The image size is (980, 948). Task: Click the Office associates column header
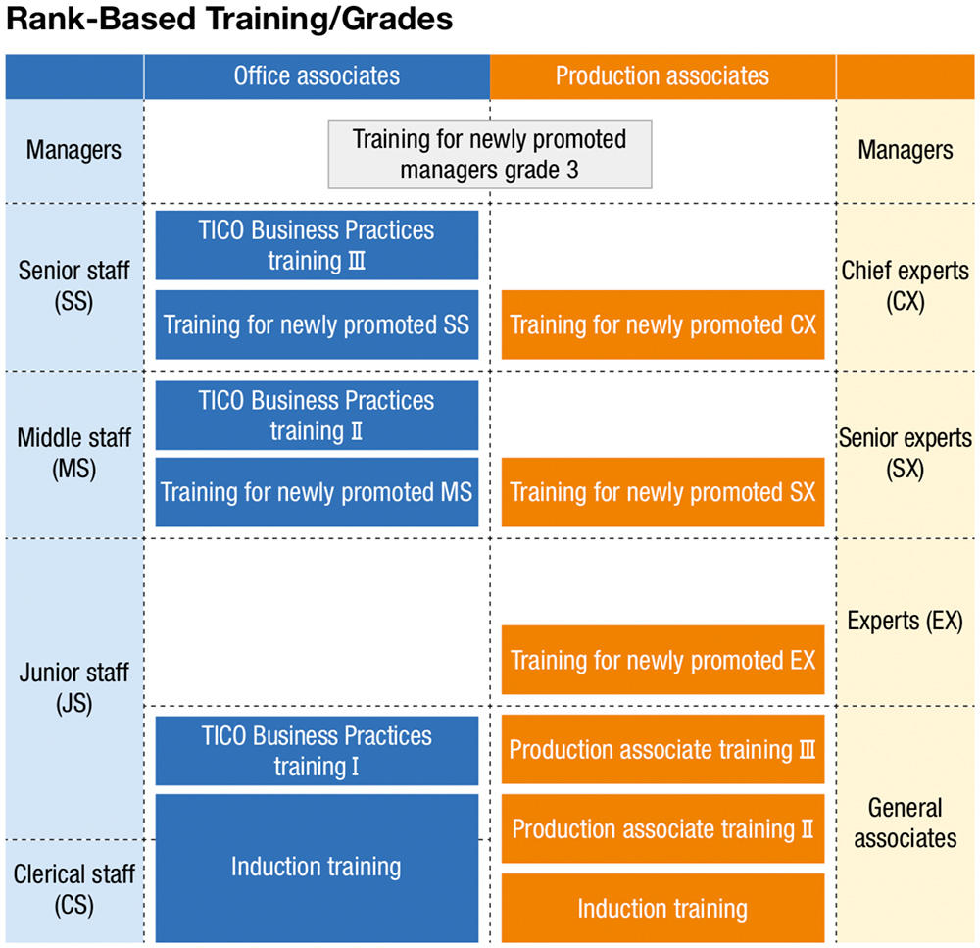coord(317,75)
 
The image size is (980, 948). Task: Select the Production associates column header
coord(662,75)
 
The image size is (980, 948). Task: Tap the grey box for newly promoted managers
coord(489,154)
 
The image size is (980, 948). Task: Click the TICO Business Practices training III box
coord(317,245)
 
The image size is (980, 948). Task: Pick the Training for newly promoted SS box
coord(317,324)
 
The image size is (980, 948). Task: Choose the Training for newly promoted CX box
coord(662,324)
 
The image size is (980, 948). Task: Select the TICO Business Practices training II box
coord(317,415)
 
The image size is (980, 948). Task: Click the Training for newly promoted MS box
coord(317,491)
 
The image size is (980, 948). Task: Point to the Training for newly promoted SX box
coord(662,491)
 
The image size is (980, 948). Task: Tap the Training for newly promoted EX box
coord(662,660)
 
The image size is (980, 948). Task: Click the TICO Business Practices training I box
coord(317,750)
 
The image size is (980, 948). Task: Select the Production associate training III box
coord(662,750)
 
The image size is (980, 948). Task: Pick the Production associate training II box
coord(662,829)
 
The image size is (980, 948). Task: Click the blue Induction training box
coord(317,867)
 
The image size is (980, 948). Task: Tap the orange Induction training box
coord(662,908)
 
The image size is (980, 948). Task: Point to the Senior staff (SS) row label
coord(73,285)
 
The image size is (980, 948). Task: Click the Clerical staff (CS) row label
coord(73,888)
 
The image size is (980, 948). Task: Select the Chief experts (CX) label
coord(906,285)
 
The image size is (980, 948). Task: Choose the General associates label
coord(906,823)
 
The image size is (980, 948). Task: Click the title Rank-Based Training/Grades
coord(229,20)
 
